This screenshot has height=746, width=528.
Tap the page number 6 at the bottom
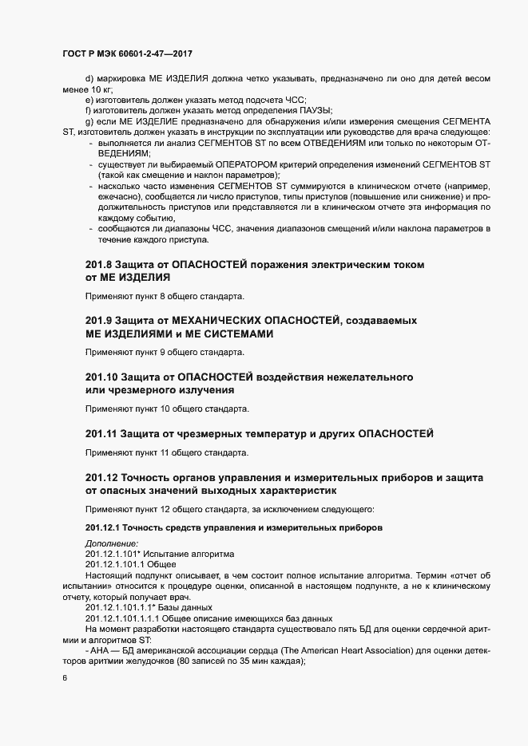[65, 678]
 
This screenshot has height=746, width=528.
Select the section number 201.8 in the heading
[98, 264]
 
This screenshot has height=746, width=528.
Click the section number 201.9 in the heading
[98, 320]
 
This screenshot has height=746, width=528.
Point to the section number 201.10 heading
[101, 377]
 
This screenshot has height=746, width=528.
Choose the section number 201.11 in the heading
[101, 433]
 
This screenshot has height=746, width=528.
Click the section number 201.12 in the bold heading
[101, 476]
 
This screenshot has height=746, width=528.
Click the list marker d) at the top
[89, 77]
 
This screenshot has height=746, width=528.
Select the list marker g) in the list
[89, 120]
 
